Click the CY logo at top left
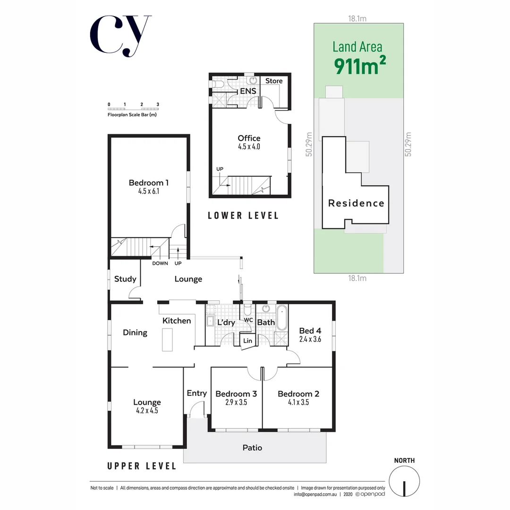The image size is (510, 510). pyautogui.click(x=120, y=36)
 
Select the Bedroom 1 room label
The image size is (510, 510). pyautogui.click(x=149, y=183)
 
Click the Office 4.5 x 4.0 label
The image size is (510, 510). pyautogui.click(x=249, y=142)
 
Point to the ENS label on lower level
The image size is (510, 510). pyautogui.click(x=248, y=91)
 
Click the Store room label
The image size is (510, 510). pyautogui.click(x=273, y=81)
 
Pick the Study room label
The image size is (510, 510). pyautogui.click(x=125, y=279)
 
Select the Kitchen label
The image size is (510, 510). pyautogui.click(x=177, y=321)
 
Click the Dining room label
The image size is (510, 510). pyautogui.click(x=135, y=332)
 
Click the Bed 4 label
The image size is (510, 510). pyautogui.click(x=310, y=331)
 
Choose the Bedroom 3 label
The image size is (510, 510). pyautogui.click(x=236, y=394)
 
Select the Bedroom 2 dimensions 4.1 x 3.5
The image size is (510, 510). pyautogui.click(x=298, y=403)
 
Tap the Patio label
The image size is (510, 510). pyautogui.click(x=252, y=447)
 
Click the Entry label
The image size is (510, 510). pyautogui.click(x=196, y=393)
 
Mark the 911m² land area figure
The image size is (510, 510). pyautogui.click(x=357, y=66)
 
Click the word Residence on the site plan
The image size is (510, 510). pyautogui.click(x=356, y=203)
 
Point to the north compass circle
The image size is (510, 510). pyautogui.click(x=404, y=481)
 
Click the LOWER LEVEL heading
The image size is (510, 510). pyautogui.click(x=243, y=216)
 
